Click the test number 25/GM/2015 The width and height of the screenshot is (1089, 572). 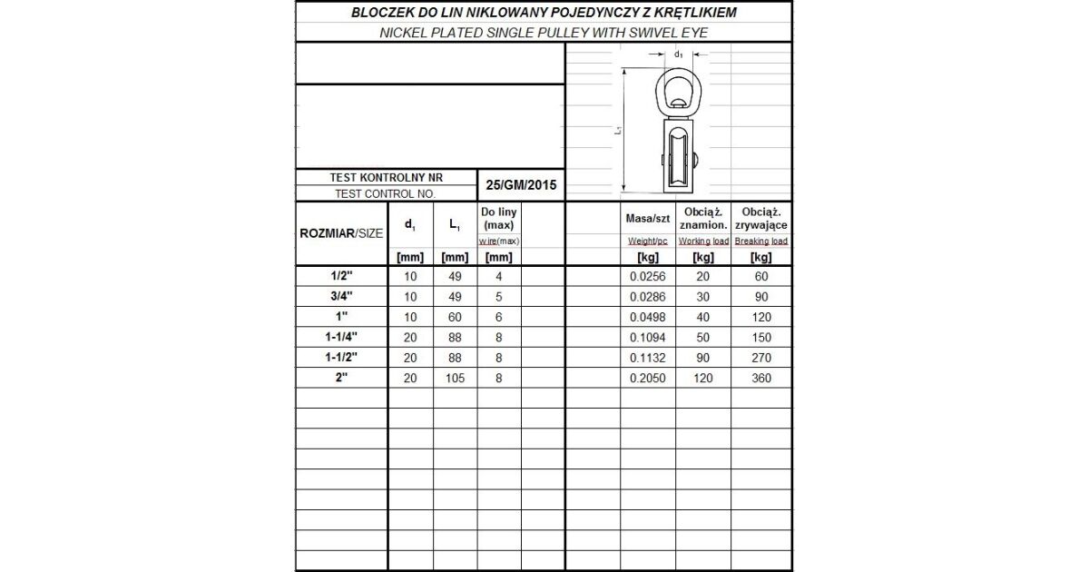point(521,185)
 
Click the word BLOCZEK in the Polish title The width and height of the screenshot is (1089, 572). point(380,12)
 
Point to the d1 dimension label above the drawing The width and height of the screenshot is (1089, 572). point(679,54)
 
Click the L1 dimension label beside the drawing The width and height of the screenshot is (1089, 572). point(617,131)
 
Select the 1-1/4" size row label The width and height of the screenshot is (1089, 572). point(341,337)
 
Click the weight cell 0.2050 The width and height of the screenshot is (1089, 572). point(648,378)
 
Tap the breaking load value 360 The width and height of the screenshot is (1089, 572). point(760,378)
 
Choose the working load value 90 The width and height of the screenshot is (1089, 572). point(703,358)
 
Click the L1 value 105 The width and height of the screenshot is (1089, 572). point(455,378)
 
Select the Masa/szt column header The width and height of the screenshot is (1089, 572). point(647,219)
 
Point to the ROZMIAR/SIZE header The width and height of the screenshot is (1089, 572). point(341,233)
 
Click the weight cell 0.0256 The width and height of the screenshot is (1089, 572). point(648,276)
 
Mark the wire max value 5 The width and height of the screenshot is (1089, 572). point(499,296)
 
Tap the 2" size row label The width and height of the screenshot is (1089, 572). point(341,378)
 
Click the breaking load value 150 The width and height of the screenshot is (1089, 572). point(760,337)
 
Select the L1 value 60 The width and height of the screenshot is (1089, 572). point(455,317)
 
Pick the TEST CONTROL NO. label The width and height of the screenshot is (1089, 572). point(386,193)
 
